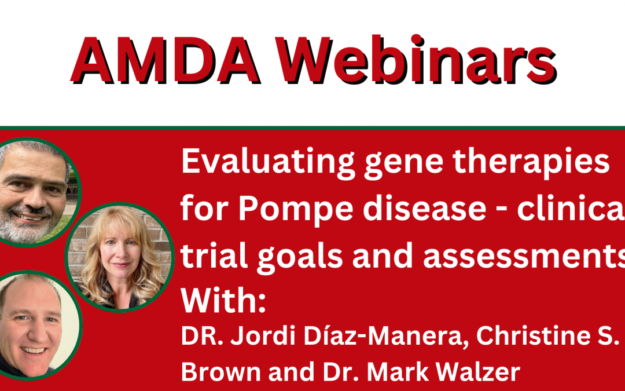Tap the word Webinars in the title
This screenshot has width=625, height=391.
(416, 60)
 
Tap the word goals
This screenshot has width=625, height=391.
(300, 257)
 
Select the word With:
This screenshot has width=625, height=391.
(223, 301)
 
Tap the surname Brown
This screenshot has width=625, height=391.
(221, 371)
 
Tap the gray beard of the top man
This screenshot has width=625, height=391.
(28, 225)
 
